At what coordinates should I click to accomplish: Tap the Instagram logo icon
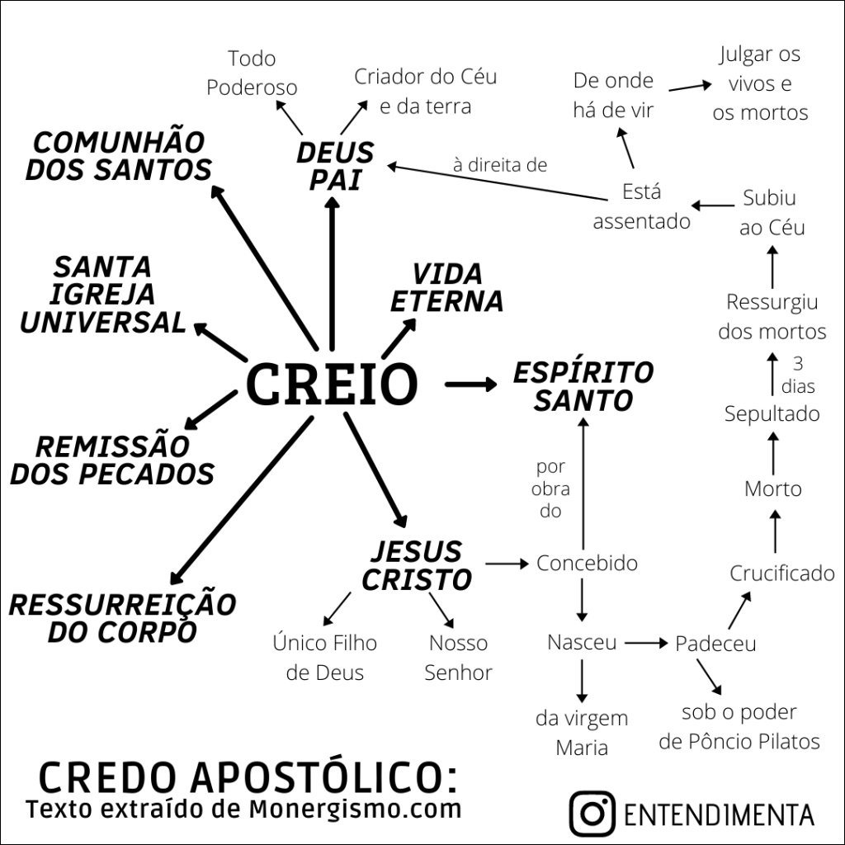click(592, 813)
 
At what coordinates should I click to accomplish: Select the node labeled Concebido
click(587, 564)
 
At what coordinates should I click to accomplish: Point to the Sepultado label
click(772, 413)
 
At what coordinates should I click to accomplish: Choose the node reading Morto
click(772, 489)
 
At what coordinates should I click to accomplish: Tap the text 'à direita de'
click(500, 165)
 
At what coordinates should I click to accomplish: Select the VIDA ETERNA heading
click(446, 288)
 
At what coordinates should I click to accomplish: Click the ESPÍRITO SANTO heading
click(583, 386)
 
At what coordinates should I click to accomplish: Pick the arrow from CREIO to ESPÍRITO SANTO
click(470, 384)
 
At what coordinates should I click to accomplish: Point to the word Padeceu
click(715, 644)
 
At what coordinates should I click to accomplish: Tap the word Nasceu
click(582, 642)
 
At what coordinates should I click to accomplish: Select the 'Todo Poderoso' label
click(252, 73)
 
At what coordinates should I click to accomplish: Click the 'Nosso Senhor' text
click(458, 658)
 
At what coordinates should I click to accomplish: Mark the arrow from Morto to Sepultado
click(773, 451)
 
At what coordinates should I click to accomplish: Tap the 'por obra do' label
click(550, 489)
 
